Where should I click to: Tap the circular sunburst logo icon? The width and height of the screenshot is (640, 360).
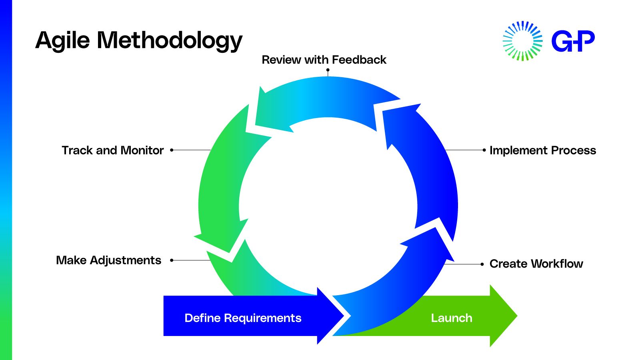[522, 41]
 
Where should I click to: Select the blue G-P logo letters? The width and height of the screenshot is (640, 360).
[573, 41]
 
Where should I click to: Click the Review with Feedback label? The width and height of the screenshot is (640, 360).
[324, 60]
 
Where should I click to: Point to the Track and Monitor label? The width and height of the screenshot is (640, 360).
[113, 150]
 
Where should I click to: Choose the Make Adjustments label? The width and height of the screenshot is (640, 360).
[108, 260]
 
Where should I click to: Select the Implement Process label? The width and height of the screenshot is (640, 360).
[543, 150]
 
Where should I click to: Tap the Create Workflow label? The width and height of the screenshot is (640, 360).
[536, 264]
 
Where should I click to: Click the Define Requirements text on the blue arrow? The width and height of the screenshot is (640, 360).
[243, 318]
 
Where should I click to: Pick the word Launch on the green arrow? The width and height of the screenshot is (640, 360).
[452, 318]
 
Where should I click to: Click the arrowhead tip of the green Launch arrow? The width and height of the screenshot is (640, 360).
[517, 316]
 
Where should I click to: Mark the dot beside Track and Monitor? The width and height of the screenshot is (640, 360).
[172, 150]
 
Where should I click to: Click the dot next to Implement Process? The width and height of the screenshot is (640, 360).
[484, 150]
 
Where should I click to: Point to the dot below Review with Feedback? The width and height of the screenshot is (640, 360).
[328, 70]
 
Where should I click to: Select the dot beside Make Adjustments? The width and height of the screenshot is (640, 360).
[172, 260]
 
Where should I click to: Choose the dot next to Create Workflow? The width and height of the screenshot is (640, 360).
[482, 264]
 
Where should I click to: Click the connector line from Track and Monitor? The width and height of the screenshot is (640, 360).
[192, 150]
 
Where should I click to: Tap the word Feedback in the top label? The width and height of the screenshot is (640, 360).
[359, 60]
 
